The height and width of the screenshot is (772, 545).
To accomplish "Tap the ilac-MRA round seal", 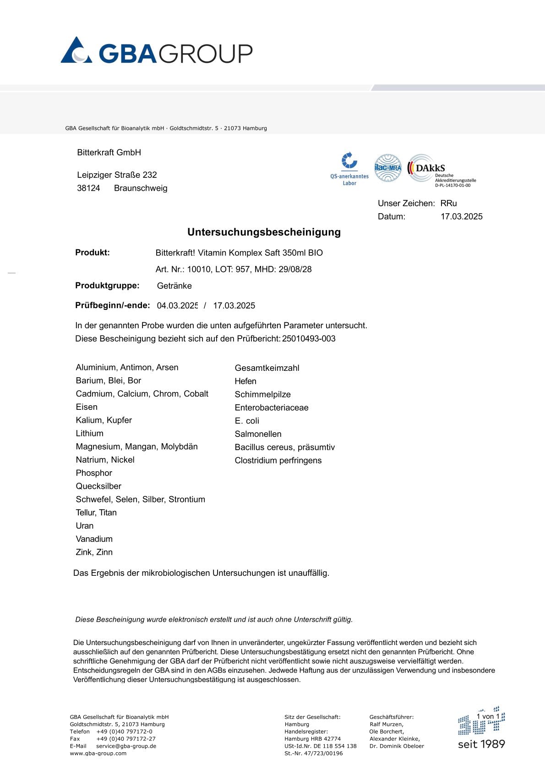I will [387, 168].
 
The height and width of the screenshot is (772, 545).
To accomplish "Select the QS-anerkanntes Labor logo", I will [349, 169].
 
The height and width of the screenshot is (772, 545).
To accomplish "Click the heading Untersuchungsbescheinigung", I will [264, 232].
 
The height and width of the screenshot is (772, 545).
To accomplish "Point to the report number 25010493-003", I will [309, 339].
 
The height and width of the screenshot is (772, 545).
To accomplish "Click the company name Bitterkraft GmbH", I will [109, 153].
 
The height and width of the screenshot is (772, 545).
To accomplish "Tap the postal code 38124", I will [88, 188].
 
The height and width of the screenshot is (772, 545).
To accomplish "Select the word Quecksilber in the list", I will [98, 486].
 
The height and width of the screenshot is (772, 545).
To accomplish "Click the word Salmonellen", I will [258, 434].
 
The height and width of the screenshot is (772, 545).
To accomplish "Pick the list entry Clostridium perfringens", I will [278, 461].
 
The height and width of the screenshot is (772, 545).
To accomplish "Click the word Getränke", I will [174, 286].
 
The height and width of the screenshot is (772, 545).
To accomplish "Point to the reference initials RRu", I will [448, 204].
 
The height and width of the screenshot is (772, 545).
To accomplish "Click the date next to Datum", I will [461, 217].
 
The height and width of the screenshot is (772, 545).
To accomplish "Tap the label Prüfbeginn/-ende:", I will [113, 305].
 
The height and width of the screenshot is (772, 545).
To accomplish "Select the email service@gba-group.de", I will [126, 746].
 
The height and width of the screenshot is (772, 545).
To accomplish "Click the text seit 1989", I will [481, 744].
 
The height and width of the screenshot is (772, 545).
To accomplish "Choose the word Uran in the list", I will [85, 526].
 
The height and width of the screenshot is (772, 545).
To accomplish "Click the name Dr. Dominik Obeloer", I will [397, 746].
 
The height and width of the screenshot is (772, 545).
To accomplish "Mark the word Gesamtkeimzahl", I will [267, 368].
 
